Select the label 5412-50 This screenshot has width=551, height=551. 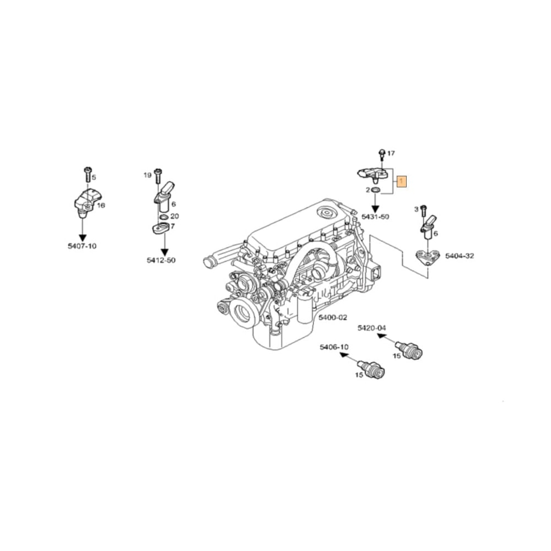click(x=161, y=260)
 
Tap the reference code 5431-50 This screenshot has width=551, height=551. click(x=375, y=217)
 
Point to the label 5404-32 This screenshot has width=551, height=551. click(x=459, y=256)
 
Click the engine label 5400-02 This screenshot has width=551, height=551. click(x=333, y=317)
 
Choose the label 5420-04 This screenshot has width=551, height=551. click(x=372, y=328)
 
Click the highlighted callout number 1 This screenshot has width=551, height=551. click(x=402, y=180)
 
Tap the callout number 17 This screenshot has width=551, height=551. click(x=391, y=153)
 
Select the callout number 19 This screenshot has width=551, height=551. click(x=147, y=175)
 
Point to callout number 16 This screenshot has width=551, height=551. click(x=101, y=205)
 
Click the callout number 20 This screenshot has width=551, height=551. click(x=174, y=216)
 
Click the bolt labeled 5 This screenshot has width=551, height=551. click(x=87, y=174)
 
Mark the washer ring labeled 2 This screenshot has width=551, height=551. click(x=375, y=190)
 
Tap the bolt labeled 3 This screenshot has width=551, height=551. click(x=423, y=210)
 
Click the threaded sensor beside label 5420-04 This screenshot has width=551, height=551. click(x=411, y=351)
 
